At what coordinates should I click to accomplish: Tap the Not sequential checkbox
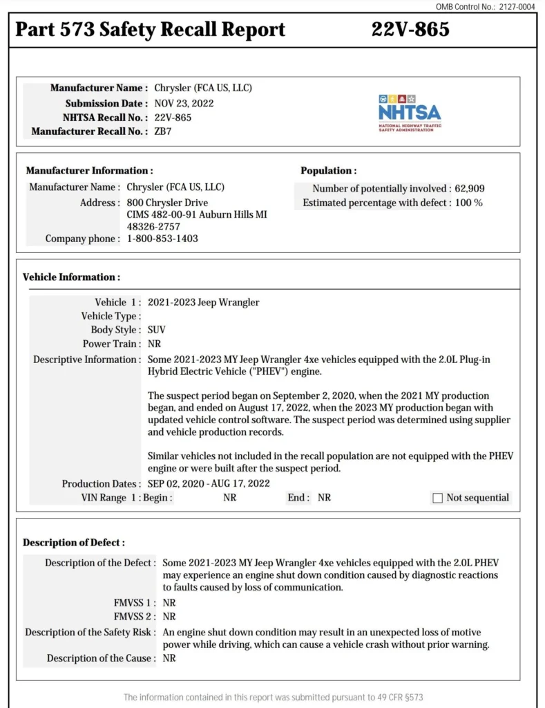[437, 498]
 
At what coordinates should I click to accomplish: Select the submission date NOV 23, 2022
[184, 103]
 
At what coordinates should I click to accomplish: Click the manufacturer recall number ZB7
[163, 131]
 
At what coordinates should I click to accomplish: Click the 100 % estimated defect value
[468, 203]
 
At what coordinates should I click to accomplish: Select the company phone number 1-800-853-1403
[162, 239]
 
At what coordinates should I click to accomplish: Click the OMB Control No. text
[485, 6]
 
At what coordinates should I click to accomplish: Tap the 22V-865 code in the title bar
[410, 30]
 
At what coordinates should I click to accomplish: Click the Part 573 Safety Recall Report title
[150, 30]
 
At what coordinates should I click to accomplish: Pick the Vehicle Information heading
[71, 277]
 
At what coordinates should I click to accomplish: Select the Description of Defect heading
[74, 543]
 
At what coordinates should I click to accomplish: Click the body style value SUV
[157, 330]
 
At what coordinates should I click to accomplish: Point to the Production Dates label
[100, 484]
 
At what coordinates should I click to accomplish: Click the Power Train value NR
[154, 344]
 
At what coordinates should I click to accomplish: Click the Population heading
[328, 171]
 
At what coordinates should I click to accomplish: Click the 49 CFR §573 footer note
[272, 698]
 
